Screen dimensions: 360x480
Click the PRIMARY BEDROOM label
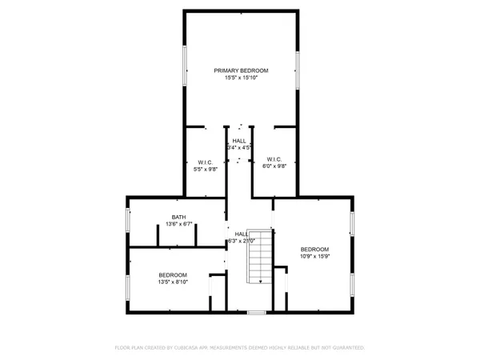(241, 70)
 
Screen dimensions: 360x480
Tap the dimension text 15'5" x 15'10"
(241, 78)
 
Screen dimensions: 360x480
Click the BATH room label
(178, 218)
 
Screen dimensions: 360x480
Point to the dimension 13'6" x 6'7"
(178, 225)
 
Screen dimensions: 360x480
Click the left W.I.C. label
(206, 162)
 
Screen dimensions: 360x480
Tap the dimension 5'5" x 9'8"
(206, 169)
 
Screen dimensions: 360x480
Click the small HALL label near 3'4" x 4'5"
(239, 141)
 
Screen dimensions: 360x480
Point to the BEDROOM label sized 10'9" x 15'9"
(314, 250)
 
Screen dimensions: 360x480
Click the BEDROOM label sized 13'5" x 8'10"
(172, 274)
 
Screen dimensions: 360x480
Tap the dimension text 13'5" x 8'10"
(172, 282)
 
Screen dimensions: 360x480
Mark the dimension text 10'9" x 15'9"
(314, 257)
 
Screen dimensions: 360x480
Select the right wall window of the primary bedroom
(298, 69)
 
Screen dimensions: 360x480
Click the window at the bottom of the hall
(256, 312)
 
